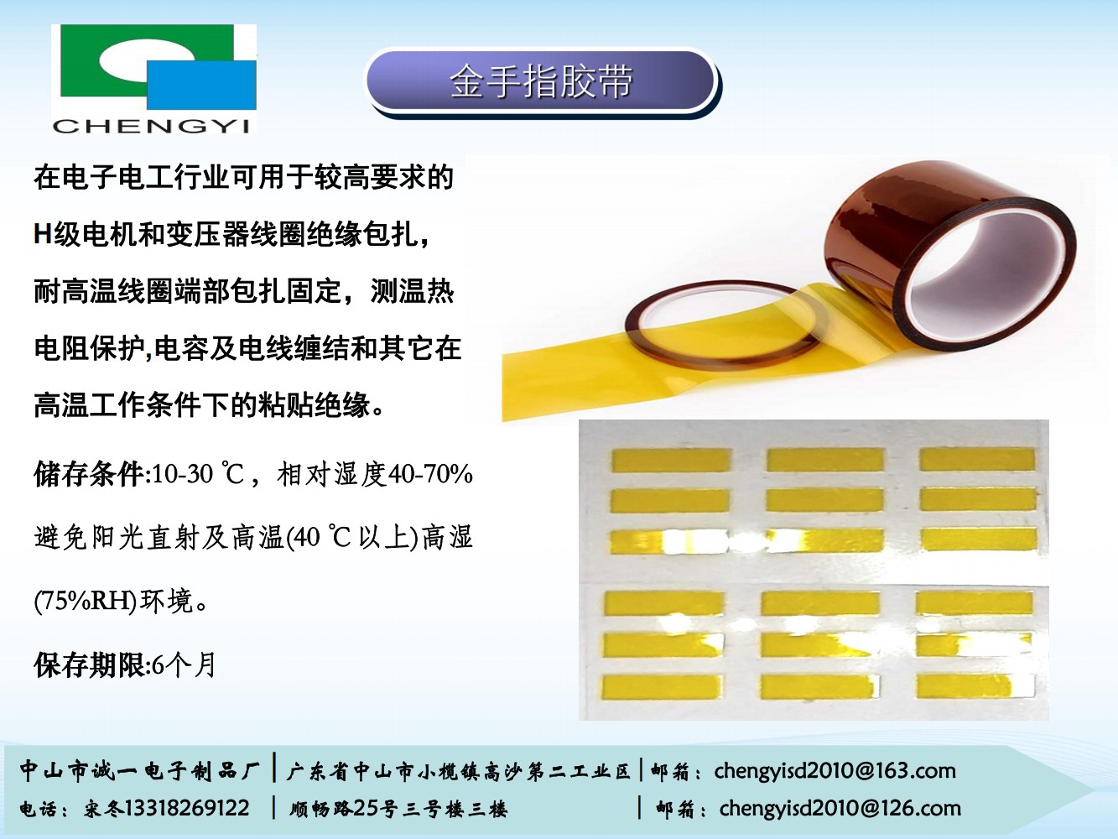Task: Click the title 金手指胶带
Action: click(540, 82)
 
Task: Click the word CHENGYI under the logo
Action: click(152, 126)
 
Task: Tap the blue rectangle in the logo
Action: click(202, 85)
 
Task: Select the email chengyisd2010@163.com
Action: click(835, 770)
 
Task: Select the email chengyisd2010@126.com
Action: click(840, 808)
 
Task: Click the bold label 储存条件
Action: click(89, 474)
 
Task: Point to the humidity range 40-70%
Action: click(430, 474)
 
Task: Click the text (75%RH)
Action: click(85, 601)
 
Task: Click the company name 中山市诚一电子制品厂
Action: click(140, 770)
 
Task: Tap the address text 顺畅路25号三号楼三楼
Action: click(398, 809)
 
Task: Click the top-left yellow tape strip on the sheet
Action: click(671, 461)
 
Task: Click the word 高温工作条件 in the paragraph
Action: click(117, 405)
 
